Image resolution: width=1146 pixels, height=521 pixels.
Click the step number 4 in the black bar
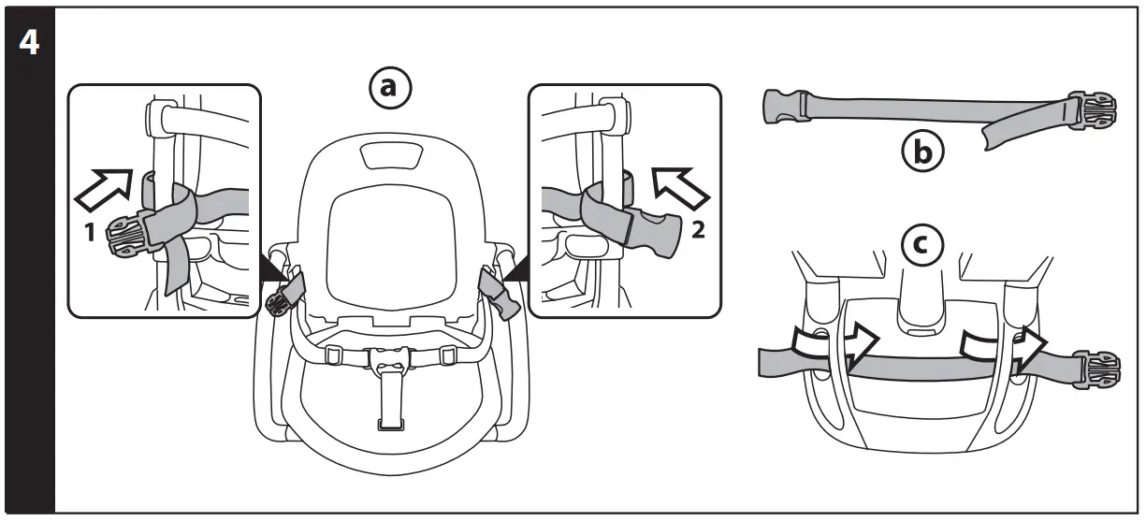point(28,44)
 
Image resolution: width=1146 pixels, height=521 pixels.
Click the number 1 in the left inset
point(90,234)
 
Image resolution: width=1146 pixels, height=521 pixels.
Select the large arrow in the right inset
point(680,185)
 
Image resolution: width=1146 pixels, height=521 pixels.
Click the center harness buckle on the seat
point(387,360)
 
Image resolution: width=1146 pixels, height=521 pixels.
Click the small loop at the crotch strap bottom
point(387,426)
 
